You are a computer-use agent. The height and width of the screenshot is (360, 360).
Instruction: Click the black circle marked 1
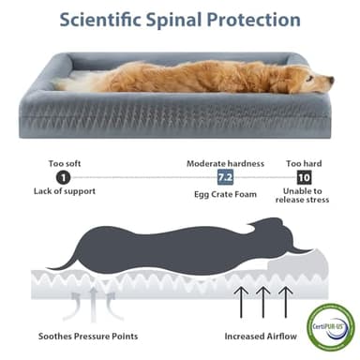coord(63,176)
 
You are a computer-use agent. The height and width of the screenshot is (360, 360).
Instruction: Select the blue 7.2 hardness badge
coord(226,177)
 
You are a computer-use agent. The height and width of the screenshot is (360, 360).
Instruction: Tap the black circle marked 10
coord(304,177)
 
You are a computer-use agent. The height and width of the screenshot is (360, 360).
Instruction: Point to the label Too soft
coord(64,161)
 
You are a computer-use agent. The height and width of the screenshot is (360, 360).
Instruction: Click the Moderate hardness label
coord(225,161)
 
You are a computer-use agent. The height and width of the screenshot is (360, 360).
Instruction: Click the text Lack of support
coord(64,192)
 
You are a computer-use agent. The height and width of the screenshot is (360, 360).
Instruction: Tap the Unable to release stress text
coord(303,198)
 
